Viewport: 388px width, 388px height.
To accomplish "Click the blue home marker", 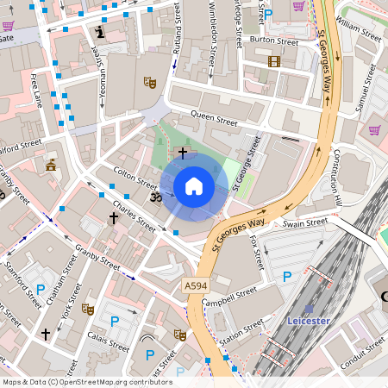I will click(x=194, y=186).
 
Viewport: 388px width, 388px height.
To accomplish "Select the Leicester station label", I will click(x=308, y=320).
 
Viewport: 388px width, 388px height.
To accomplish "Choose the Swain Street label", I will click(x=305, y=223).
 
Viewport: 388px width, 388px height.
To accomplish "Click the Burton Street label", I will click(x=273, y=41).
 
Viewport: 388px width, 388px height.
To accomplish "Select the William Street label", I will click(x=359, y=33).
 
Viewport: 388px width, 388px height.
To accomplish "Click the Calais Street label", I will click(x=108, y=342).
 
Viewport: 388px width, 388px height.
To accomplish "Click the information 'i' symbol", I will click(x=100, y=33).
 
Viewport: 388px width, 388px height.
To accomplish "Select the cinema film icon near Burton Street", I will click(x=274, y=60).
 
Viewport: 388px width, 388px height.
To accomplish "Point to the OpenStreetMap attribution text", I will click(x=87, y=381).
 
